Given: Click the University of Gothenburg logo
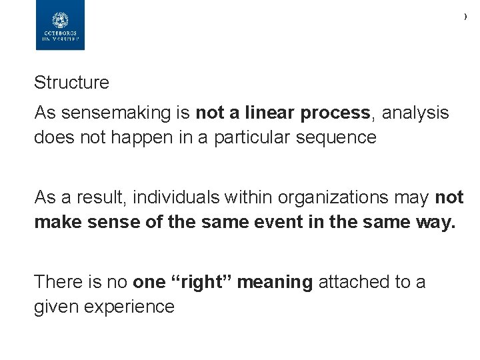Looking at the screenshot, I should [x=60, y=25].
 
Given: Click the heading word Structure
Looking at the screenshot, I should [x=71, y=83].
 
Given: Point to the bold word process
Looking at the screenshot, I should [x=335, y=113].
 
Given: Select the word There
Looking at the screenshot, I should [x=57, y=282].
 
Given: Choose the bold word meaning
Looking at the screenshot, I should [x=275, y=282].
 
